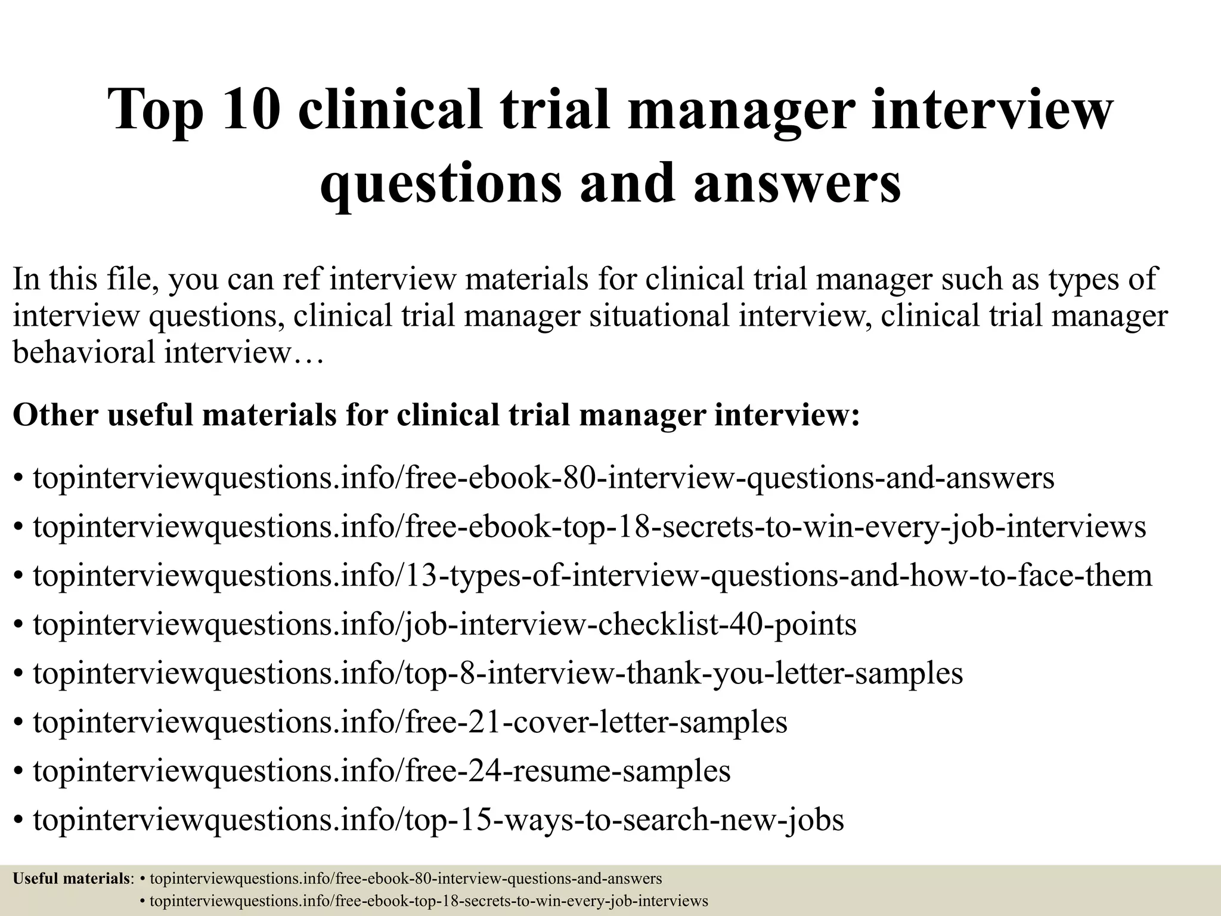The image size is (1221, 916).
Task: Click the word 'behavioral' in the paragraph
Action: coord(84,352)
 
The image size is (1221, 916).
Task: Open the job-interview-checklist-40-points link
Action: coord(445,625)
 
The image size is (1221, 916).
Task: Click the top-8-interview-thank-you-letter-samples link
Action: coord(498,673)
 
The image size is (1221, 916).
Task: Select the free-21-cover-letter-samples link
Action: coord(410,722)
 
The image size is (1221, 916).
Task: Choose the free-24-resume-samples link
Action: coord(382,771)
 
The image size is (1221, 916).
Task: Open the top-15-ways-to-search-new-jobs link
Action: coord(438,820)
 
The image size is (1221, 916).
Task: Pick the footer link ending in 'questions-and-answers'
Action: coord(406,878)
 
